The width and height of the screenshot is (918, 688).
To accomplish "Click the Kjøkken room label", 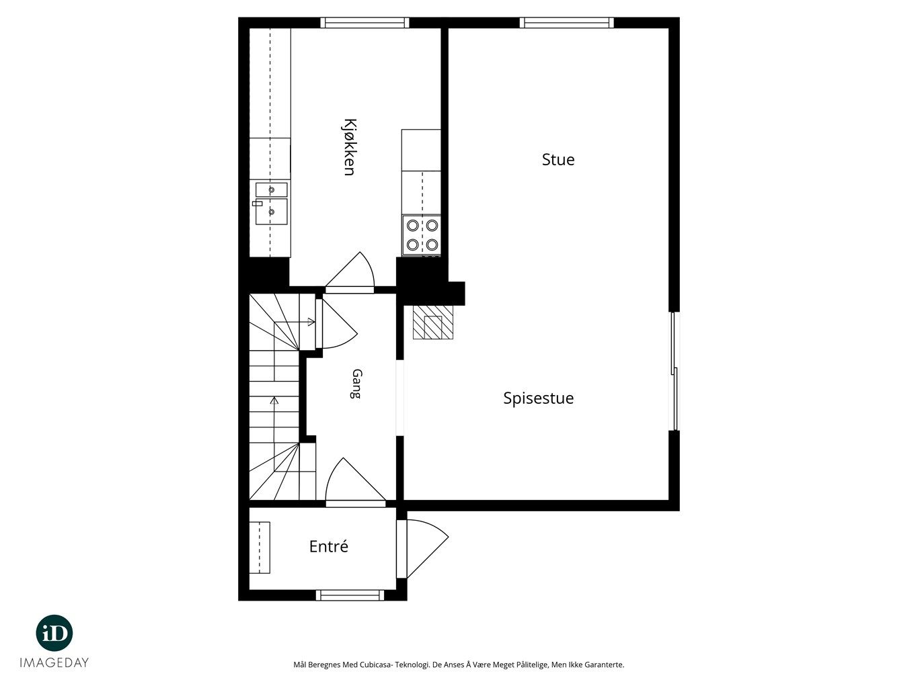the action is point(349,147).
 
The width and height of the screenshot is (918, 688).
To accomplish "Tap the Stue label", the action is point(558,160).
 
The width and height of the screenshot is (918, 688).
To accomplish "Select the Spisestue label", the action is point(538,398).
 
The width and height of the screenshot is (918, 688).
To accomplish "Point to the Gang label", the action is point(356,384).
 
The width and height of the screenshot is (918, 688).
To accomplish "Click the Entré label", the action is point(328,546).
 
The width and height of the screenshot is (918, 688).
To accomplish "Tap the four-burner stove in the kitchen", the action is point(422,235).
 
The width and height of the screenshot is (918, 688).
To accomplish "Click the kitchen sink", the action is point(271,204).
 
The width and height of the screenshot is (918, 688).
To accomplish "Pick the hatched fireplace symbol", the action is point(433,322).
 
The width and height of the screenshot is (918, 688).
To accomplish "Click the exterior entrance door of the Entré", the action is point(422,549).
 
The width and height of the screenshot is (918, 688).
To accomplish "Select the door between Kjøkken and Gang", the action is point(350,272).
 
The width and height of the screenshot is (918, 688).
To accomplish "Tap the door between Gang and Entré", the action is point(356,483).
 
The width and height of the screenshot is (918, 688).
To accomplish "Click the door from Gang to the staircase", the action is point(336,324).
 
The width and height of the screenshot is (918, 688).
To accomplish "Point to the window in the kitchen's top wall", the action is point(365,23).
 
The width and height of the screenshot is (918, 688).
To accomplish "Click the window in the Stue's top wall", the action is point(567,23).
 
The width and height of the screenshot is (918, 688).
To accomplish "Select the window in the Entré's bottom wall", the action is point(350,595).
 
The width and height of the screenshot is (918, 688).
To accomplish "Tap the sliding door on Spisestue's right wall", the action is point(674,372).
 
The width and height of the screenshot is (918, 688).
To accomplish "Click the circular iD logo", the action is point(54,634).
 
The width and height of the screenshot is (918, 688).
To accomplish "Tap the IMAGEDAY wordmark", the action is point(54,662).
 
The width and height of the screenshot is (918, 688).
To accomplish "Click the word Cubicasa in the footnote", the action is point(374,664).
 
